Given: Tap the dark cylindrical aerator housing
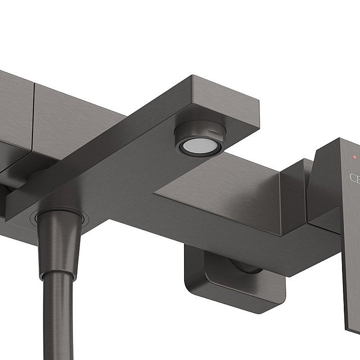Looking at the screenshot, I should (200, 131).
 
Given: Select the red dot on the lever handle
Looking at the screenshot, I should (354, 157).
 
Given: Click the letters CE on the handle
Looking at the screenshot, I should (355, 178).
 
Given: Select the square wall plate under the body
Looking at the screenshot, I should (234, 288).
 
